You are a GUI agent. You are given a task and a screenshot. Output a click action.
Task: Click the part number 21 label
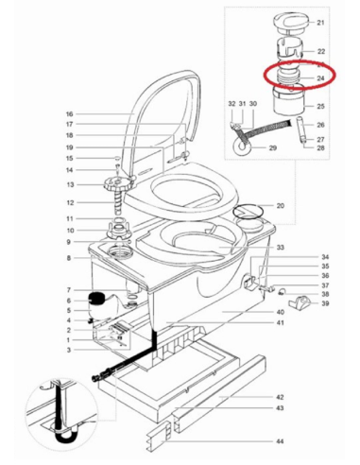tap(320, 23)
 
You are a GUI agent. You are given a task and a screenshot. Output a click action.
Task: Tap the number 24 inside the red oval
tap(320, 78)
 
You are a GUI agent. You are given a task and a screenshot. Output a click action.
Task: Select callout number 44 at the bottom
tap(280, 441)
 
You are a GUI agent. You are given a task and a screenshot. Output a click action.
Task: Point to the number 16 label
tap(69, 114)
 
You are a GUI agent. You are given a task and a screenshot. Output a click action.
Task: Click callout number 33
tap(281, 248)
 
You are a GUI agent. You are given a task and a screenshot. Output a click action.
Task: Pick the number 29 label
tap(273, 147)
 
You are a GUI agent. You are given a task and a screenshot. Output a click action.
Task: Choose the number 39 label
tap(325, 303)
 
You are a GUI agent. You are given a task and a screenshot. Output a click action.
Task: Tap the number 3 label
tap(69, 350)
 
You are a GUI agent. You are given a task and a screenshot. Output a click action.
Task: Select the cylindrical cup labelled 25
tap(289, 100)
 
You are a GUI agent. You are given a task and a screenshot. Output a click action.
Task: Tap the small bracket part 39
tap(300, 301)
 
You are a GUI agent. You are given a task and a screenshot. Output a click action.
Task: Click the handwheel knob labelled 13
tap(118, 183)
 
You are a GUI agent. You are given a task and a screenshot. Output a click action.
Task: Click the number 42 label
tap(280, 397)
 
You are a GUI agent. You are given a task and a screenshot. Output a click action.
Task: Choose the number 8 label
tap(69, 258)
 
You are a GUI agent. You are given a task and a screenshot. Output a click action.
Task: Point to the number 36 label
tap(325, 276)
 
